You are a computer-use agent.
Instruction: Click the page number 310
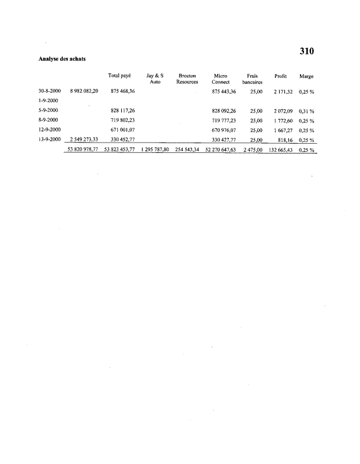[306, 51]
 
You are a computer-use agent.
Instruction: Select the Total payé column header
[119, 76]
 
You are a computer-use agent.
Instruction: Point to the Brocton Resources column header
[187, 79]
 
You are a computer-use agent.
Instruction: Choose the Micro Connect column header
[221, 79]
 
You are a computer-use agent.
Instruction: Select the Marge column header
[306, 76]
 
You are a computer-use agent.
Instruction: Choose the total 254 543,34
[187, 149]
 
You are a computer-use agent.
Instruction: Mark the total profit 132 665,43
[281, 149]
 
